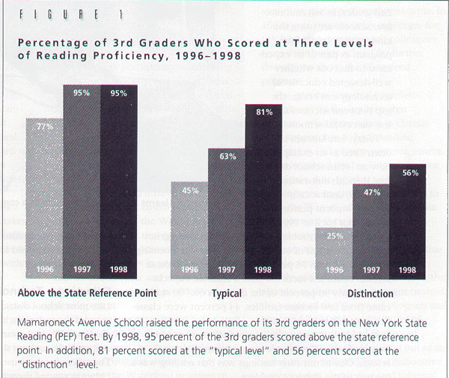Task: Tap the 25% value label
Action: click(x=334, y=237)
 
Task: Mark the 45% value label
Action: click(x=189, y=190)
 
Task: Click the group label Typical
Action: click(x=226, y=293)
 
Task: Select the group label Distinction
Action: click(x=371, y=293)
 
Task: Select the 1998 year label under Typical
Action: click(x=262, y=269)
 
